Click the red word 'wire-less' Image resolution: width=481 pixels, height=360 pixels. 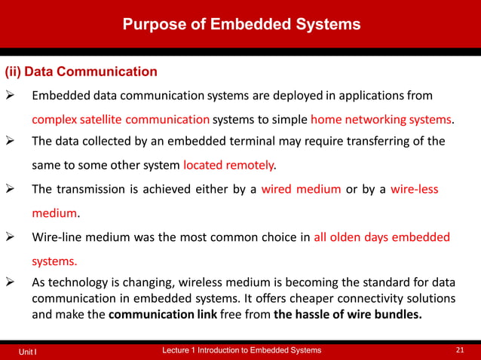pyautogui.click(x=415, y=189)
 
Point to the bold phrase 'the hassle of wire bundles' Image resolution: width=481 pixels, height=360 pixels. pyautogui.click(x=348, y=315)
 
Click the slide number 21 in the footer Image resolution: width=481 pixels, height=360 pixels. pyautogui.click(x=461, y=351)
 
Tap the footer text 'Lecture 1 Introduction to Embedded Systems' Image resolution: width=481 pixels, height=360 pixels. pyautogui.click(x=242, y=351)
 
